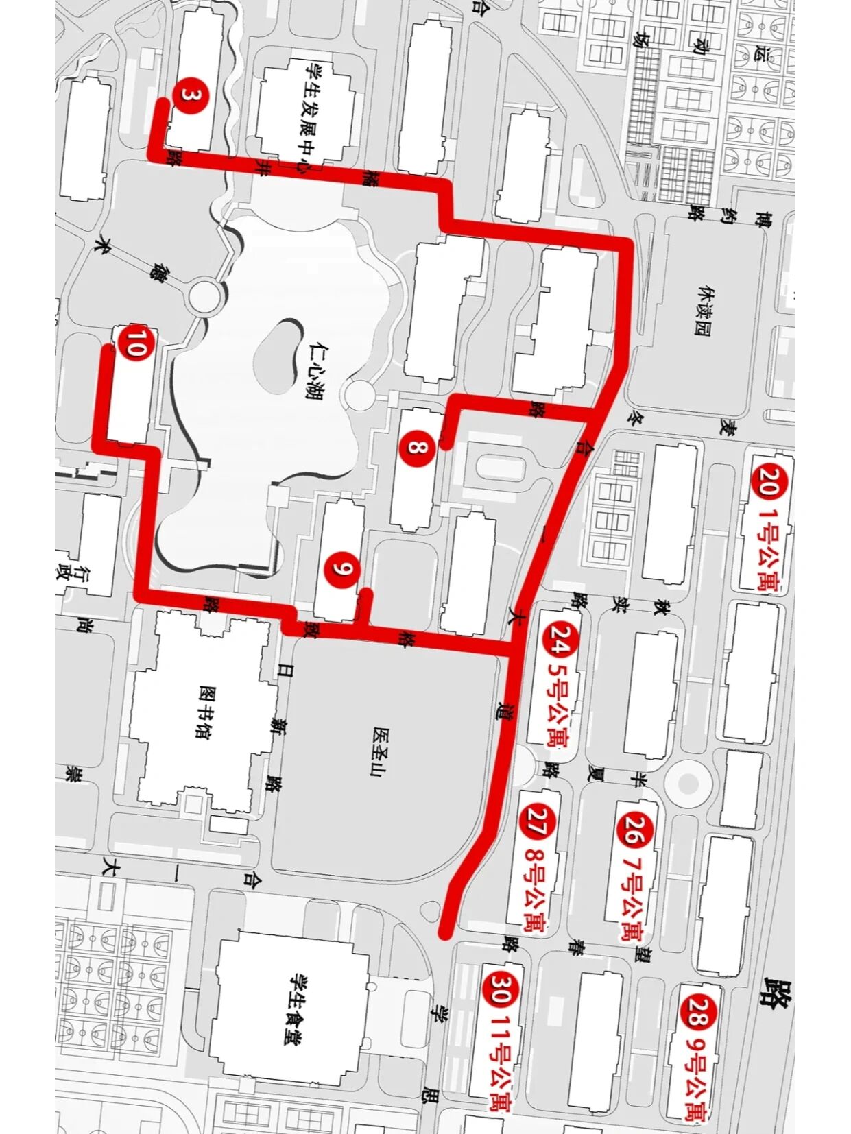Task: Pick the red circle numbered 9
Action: click(x=344, y=568)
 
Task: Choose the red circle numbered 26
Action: click(x=633, y=830)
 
